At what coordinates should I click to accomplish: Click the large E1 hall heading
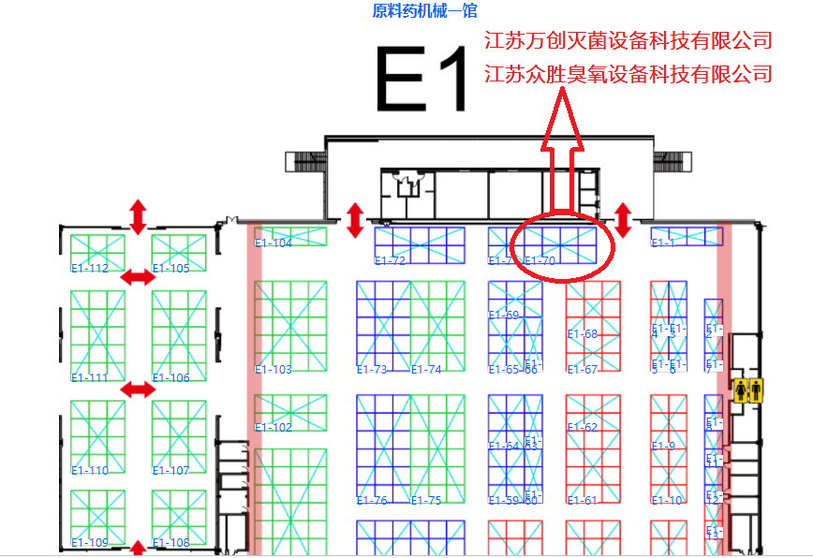[421, 80]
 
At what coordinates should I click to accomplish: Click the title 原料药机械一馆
[424, 11]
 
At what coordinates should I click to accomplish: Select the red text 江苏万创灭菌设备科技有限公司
[628, 40]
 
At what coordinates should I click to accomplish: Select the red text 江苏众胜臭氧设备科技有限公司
[628, 73]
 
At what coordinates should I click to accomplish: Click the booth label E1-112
[90, 269]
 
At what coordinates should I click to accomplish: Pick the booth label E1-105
[170, 269]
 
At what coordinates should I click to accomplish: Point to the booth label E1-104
[273, 243]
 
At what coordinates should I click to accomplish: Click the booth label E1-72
[390, 260]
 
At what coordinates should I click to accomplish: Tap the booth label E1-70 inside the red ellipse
[540, 261]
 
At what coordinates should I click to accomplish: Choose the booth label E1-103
[273, 370]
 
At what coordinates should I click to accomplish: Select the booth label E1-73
[372, 370]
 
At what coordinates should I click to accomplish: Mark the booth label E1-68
[583, 334]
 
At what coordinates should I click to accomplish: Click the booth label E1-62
[583, 428]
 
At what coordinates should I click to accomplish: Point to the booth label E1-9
[663, 447]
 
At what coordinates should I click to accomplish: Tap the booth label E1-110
[90, 471]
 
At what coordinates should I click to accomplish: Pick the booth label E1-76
[372, 501]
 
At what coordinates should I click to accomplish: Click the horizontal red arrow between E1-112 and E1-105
[139, 277]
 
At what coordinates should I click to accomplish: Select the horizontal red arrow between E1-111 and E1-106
[139, 389]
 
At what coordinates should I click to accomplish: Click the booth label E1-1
[663, 243]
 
